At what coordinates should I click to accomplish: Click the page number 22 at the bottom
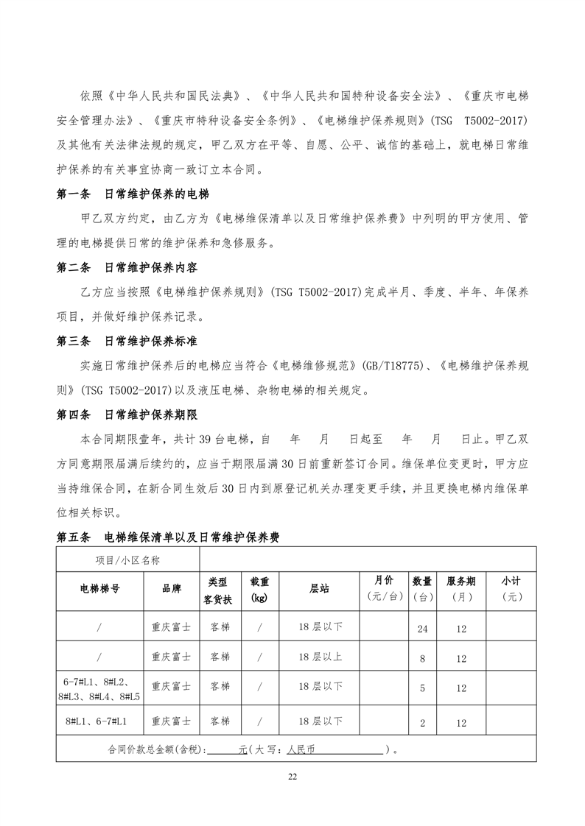click(x=292, y=777)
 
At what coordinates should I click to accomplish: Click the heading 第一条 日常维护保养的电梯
click(x=133, y=195)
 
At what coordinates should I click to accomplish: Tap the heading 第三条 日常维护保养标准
click(x=133, y=342)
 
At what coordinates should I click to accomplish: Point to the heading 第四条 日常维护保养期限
click(x=133, y=414)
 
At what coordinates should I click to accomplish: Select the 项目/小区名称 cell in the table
click(x=127, y=560)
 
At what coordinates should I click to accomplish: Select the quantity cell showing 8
click(x=422, y=659)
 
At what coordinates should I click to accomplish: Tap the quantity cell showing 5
click(x=422, y=688)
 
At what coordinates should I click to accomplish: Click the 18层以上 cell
click(x=319, y=657)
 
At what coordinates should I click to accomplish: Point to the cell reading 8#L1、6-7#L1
click(x=99, y=722)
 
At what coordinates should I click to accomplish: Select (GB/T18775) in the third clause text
click(x=395, y=366)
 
